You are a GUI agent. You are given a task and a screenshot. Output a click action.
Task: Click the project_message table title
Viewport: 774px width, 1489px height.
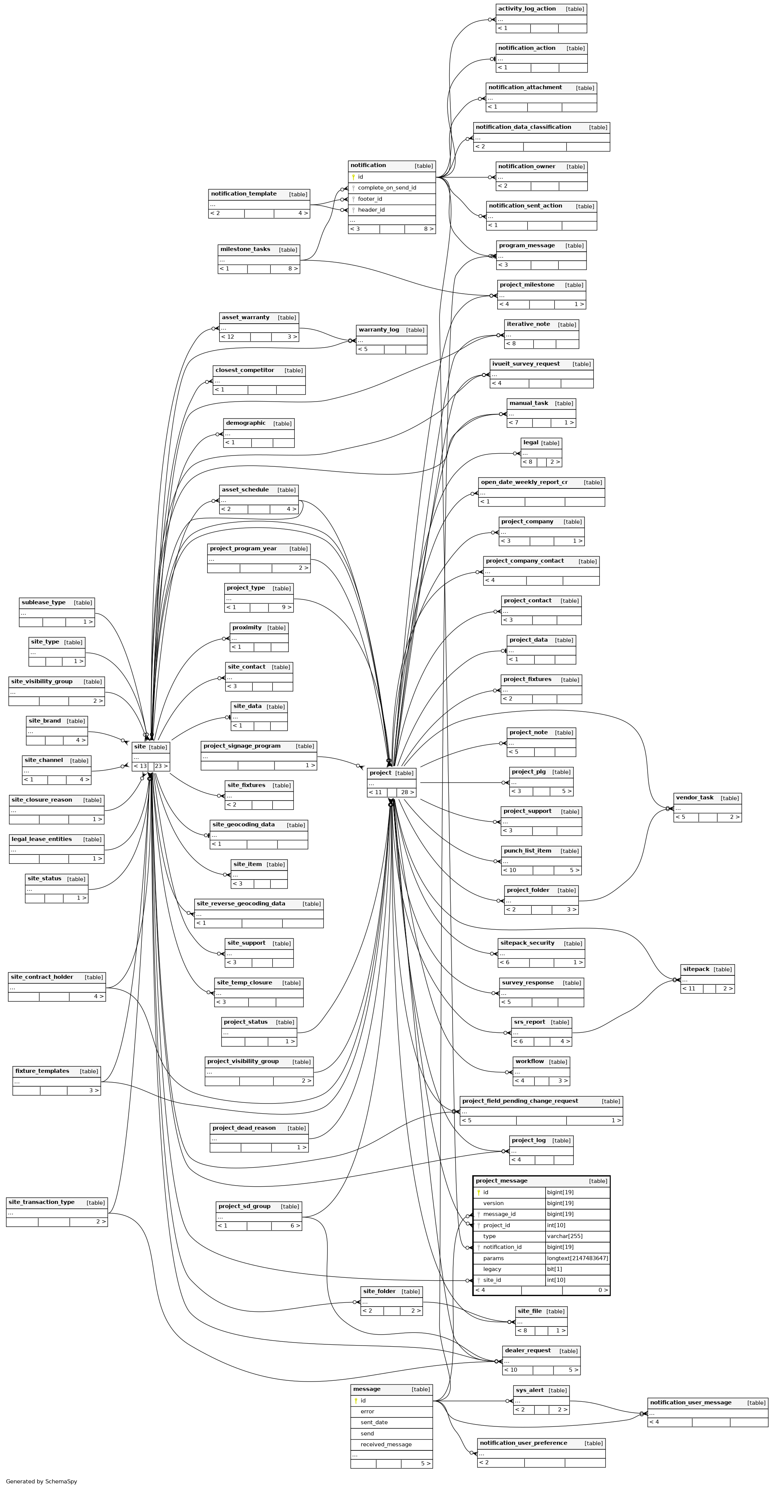pyautogui.click(x=501, y=1181)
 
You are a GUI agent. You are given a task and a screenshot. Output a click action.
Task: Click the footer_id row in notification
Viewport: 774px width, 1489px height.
pyautogui.click(x=370, y=199)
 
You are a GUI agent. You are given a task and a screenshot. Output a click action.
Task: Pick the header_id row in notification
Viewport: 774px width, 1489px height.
pyautogui.click(x=371, y=210)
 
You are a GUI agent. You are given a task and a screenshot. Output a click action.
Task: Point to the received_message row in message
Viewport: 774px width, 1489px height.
pyautogui.click(x=386, y=1444)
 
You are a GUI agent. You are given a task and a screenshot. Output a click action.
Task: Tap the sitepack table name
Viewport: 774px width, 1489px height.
pyautogui.click(x=695, y=969)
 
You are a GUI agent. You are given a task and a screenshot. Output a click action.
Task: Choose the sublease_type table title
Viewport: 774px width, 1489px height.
pyautogui.click(x=43, y=602)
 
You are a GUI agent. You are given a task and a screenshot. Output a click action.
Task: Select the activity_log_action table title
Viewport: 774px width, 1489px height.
pyautogui.click(x=526, y=9)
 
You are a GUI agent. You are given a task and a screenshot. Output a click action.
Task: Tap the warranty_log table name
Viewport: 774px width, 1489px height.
pyautogui.click(x=378, y=330)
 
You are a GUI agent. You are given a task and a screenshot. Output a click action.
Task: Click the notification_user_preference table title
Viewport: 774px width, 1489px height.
pyautogui.click(x=523, y=1443)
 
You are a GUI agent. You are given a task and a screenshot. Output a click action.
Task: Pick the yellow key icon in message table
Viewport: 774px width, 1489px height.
pyautogui.click(x=356, y=1401)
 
